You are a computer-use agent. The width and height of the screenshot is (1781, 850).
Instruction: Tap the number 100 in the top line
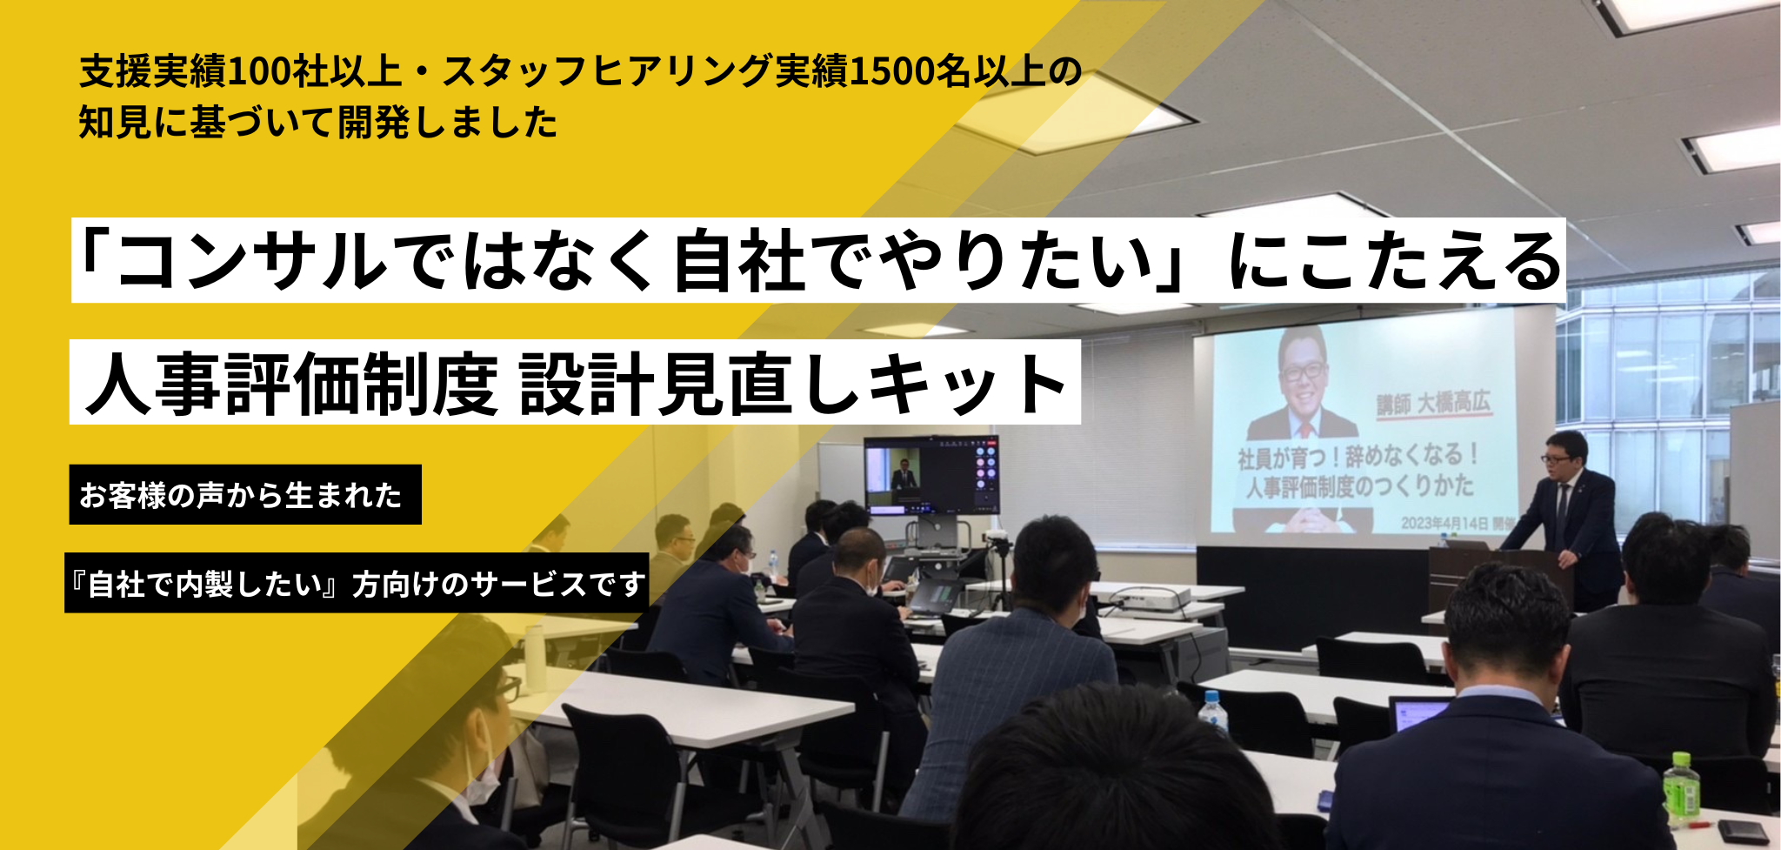(x=258, y=71)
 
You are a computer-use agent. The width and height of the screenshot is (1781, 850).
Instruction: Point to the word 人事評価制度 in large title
(x=292, y=384)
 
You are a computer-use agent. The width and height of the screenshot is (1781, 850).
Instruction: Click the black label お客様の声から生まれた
(x=245, y=494)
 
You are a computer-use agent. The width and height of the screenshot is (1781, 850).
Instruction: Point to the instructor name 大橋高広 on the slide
(x=1454, y=402)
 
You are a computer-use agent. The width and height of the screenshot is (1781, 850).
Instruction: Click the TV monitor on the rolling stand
(x=931, y=475)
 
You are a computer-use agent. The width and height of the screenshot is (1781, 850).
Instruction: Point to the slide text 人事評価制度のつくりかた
(x=1359, y=485)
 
